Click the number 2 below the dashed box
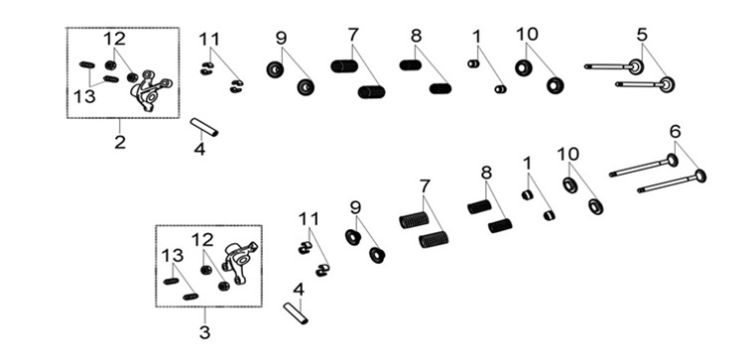pos(120,142)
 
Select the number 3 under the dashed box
pos(204,332)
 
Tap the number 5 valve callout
pos(642,35)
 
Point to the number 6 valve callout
pos(675,131)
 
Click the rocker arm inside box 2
pos(150,90)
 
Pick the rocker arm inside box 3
pos(239,261)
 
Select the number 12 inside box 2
pos(114,39)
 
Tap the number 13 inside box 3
pos(173,256)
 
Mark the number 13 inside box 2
pos(84,97)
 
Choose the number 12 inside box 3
pos(203,240)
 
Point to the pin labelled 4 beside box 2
pos(204,127)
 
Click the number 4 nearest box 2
pos(199,149)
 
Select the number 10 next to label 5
pos(527,35)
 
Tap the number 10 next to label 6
pos(568,154)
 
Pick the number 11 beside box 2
pos(209,39)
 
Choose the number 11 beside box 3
pos(309,219)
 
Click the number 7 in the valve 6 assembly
pos(425,186)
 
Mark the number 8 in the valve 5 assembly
pos(416,36)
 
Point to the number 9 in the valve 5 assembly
pos(281,39)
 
